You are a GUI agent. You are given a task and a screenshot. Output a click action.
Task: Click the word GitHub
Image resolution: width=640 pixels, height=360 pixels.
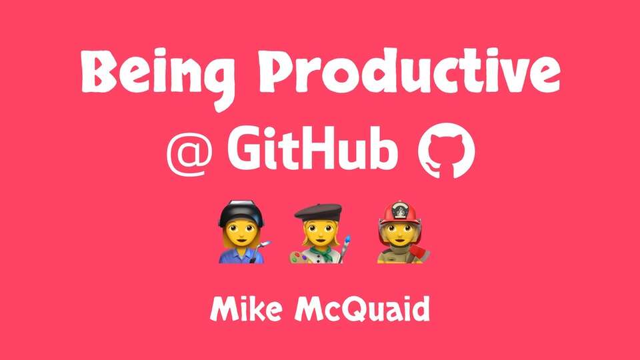312,148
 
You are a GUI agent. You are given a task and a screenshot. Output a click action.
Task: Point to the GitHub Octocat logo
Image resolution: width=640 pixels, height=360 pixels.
447,151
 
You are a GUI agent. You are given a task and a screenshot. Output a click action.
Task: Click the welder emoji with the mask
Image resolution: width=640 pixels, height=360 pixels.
243,232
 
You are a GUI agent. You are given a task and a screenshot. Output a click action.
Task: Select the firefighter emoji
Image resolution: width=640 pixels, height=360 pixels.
402,232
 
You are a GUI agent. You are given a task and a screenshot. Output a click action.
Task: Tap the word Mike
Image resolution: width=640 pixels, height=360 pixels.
246,309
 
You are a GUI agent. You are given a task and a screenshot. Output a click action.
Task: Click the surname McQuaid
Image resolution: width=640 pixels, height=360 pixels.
362,309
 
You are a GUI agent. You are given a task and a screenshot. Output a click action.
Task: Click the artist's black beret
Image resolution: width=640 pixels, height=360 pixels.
318,212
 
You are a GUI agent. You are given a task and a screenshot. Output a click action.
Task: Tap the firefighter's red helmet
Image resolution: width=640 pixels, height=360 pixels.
399,213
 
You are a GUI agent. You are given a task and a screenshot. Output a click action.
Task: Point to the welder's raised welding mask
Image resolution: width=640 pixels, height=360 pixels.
241,211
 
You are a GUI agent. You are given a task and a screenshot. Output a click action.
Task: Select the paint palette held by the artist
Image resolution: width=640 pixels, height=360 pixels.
300,257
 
